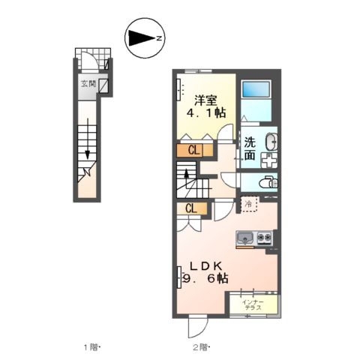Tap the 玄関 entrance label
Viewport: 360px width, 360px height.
88,85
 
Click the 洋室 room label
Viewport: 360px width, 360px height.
207,99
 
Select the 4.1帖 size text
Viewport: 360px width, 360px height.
206,114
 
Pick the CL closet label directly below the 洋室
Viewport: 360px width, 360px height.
193,150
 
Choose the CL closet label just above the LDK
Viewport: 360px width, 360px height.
191,208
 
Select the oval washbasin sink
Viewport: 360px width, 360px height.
270,140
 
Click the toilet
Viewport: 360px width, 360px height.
267,182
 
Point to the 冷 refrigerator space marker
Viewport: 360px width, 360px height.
248,203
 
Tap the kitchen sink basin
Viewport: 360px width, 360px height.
245,239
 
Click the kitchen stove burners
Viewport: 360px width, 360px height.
263,239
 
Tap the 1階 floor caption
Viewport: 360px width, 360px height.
91,346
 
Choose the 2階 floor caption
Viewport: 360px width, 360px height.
199,346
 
